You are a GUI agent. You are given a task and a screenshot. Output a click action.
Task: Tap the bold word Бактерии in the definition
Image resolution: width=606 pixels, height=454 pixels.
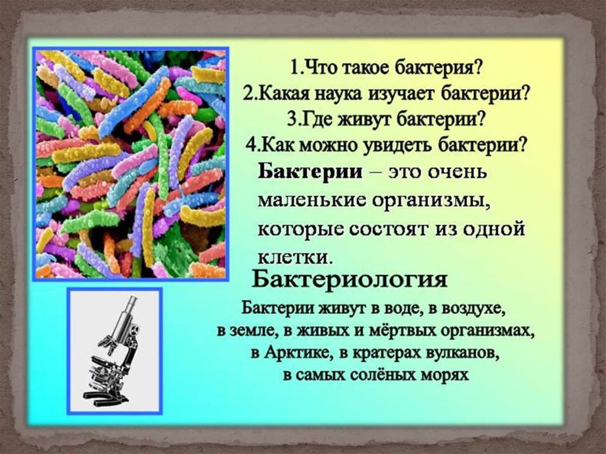coord(310,171)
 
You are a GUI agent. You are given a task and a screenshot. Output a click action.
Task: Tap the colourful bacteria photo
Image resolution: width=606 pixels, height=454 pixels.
coord(131,164)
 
